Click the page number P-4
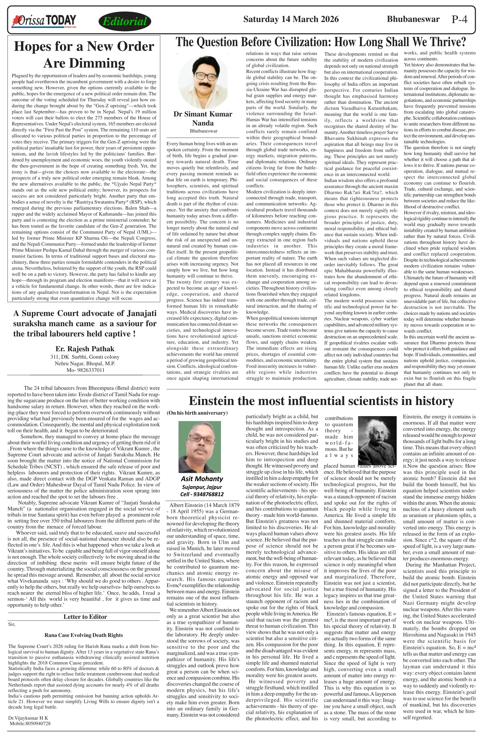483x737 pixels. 459,19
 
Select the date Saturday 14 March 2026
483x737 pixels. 291,19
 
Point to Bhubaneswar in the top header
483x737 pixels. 413,19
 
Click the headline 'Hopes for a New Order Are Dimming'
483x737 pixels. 84,54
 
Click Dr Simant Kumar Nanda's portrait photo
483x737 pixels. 203,81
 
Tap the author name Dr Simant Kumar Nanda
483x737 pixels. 203,118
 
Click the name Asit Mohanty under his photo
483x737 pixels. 202,479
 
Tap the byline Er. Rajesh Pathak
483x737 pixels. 85,349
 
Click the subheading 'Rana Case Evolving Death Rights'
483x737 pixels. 84,635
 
